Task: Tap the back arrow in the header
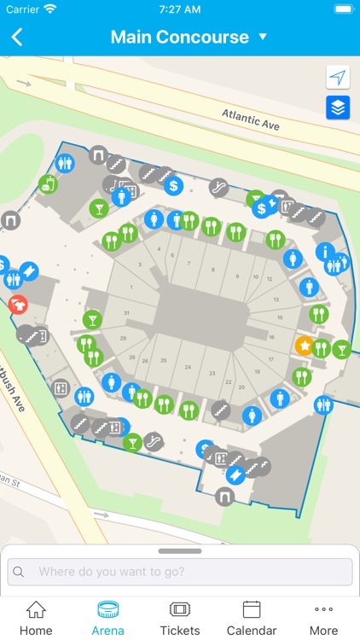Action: [x=17, y=38]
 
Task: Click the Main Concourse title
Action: [x=179, y=38]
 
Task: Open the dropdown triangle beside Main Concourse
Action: [x=263, y=38]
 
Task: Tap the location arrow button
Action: [x=338, y=78]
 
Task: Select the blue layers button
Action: [x=338, y=108]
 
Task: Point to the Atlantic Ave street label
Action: [x=250, y=119]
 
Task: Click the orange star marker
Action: [x=304, y=346]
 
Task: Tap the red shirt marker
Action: [x=18, y=304]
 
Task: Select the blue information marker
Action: [x=324, y=252]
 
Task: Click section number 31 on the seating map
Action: [x=126, y=312]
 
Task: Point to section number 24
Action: [x=187, y=367]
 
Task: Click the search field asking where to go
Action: [x=180, y=572]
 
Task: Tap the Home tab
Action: [x=36, y=618]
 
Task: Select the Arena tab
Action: [x=107, y=618]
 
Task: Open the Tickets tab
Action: [x=180, y=618]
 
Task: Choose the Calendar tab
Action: [x=252, y=618]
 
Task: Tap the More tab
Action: [x=323, y=618]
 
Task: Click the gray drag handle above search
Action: [x=180, y=551]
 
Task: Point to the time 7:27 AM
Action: [x=179, y=9]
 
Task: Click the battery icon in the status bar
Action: [x=342, y=9]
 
